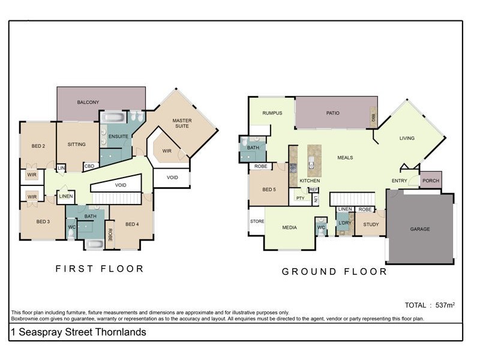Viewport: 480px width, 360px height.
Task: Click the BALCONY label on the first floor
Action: [88, 103]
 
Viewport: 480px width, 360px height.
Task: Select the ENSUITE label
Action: [118, 137]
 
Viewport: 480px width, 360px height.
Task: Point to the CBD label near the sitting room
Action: [89, 166]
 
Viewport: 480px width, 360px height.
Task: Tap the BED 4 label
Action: [132, 224]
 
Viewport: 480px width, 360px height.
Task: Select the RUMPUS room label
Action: [272, 113]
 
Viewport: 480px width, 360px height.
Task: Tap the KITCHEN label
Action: [310, 181]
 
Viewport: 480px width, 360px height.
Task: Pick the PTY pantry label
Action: [300, 198]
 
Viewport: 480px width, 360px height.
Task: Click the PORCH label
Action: [430, 181]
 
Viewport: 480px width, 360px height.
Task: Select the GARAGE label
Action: [419, 229]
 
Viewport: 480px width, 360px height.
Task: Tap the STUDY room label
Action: [371, 225]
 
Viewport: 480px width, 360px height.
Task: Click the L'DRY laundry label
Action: [344, 224]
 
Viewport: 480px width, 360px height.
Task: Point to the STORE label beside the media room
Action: [257, 221]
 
